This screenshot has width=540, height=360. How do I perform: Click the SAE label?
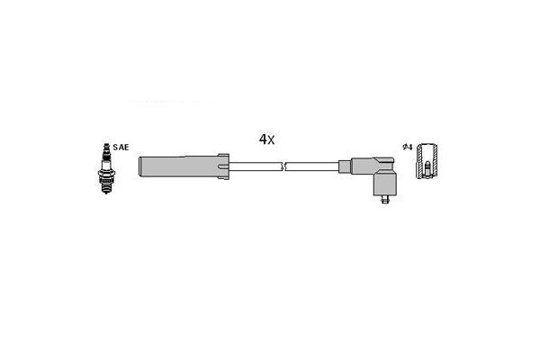(x=121, y=148)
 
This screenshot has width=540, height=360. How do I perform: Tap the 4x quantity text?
(x=267, y=139)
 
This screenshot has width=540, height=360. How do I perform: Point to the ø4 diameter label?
(x=408, y=147)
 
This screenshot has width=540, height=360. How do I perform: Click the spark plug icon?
(x=106, y=168)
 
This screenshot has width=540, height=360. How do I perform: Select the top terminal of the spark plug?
(x=106, y=148)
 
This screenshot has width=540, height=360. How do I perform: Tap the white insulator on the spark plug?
(x=106, y=162)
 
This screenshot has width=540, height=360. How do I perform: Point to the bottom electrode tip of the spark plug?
(x=106, y=191)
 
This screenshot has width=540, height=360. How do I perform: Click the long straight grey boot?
(x=178, y=166)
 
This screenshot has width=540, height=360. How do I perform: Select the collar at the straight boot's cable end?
(x=223, y=166)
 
